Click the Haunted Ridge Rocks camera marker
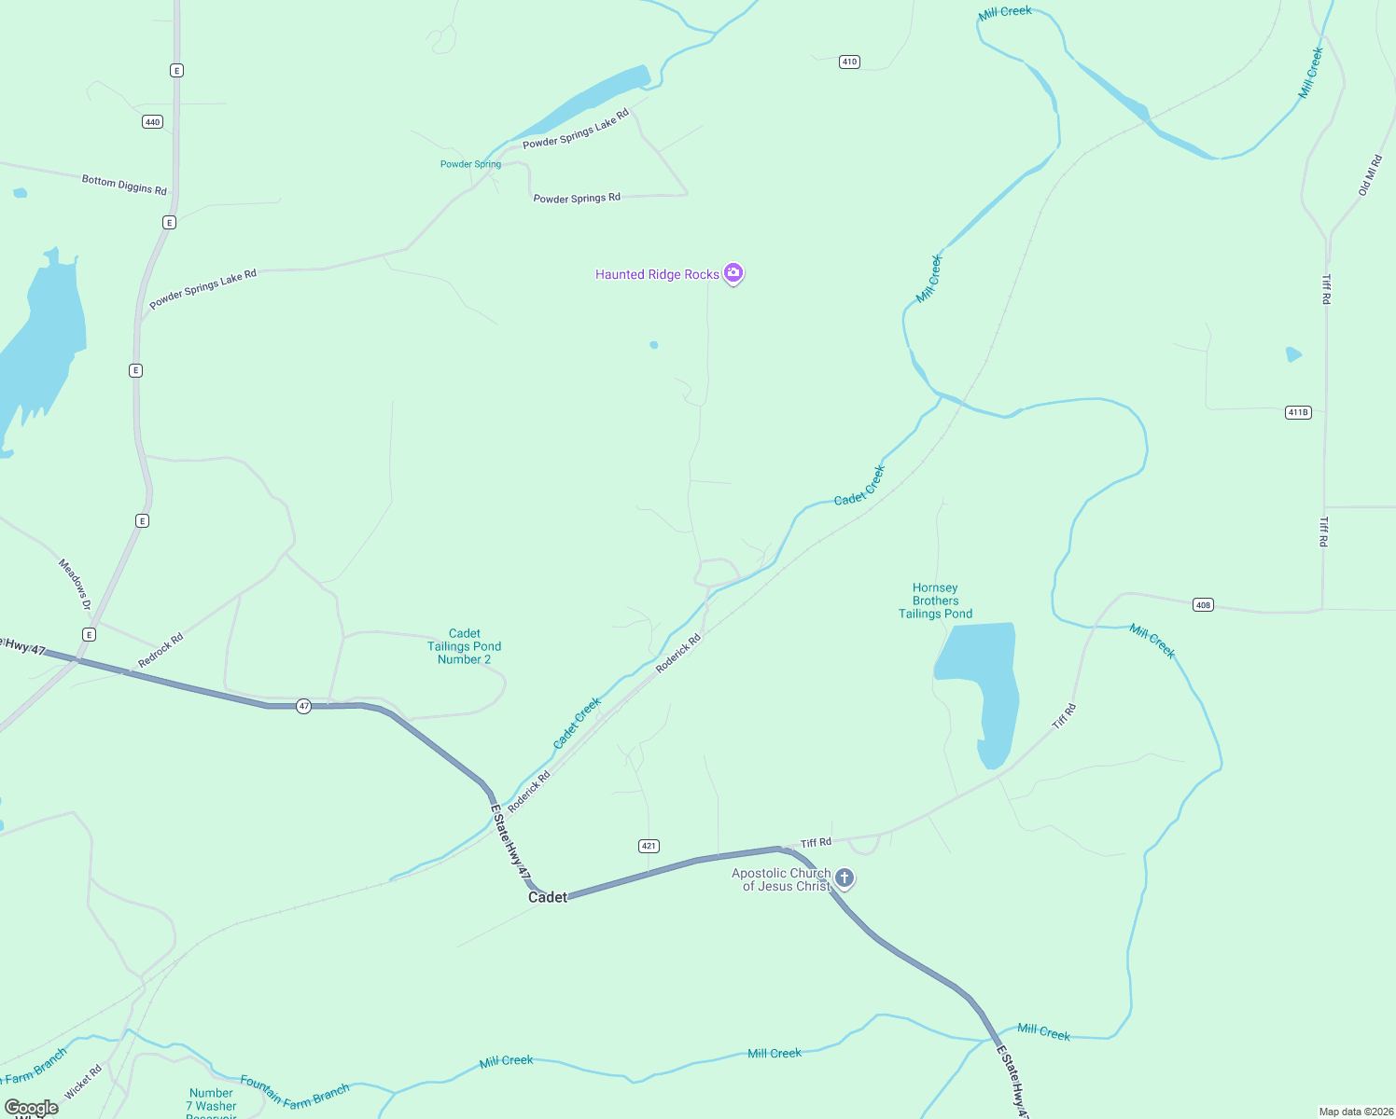pyautogui.click(x=733, y=273)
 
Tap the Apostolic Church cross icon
pyautogui.click(x=845, y=877)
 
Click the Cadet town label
pyautogui.click(x=548, y=897)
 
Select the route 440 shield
pyautogui.click(x=153, y=122)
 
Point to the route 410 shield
pyautogui.click(x=849, y=62)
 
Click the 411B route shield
pyautogui.click(x=1298, y=412)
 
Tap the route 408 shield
pyautogui.click(x=1203, y=605)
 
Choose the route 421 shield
pyautogui.click(x=649, y=846)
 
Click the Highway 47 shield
pyautogui.click(x=304, y=707)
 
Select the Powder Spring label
pyautogui.click(x=470, y=164)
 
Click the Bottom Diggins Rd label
pyautogui.click(x=124, y=185)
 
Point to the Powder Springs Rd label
pyautogui.click(x=577, y=198)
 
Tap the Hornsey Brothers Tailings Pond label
pyautogui.click(x=935, y=601)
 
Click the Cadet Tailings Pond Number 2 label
pyautogui.click(x=465, y=646)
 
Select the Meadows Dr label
pyautogui.click(x=75, y=585)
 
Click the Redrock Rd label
pyautogui.click(x=161, y=651)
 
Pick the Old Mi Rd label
pyautogui.click(x=1370, y=175)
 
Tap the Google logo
pyautogui.click(x=32, y=1108)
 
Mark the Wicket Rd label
pyautogui.click(x=83, y=1083)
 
